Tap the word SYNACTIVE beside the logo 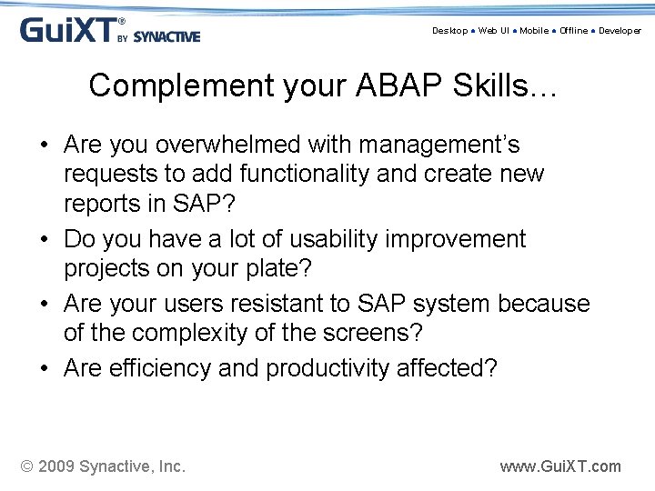tap(166, 37)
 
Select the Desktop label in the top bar tap(449, 31)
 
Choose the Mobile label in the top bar tap(534, 31)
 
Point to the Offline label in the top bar tap(573, 31)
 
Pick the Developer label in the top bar tap(620, 31)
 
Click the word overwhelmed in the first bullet tap(227, 145)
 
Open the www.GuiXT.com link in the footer tap(560, 466)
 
